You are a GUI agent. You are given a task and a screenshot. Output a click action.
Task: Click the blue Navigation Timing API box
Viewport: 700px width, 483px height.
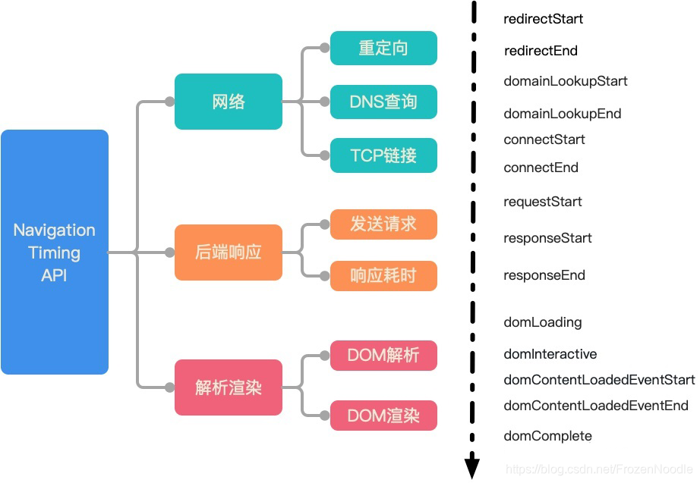[55, 252]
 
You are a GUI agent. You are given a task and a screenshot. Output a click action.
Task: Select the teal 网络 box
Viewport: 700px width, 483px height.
[229, 101]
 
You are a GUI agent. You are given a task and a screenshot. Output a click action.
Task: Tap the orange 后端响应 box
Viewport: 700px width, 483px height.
[229, 252]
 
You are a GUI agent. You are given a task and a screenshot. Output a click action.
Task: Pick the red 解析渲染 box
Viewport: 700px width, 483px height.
[229, 387]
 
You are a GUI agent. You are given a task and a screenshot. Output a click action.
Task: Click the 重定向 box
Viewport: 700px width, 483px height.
[383, 48]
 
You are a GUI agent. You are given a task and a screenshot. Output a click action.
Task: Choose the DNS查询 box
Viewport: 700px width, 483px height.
[383, 102]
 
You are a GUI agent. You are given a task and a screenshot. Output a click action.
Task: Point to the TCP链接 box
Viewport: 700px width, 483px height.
[383, 155]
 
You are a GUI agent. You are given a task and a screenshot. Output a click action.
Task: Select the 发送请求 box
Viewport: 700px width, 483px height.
[383, 224]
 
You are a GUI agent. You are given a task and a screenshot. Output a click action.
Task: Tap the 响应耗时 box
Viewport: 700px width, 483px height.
[383, 275]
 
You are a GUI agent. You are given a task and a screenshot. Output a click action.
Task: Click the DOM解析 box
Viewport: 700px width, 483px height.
[383, 355]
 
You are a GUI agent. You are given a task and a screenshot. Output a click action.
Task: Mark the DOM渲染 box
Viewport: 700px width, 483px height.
[383, 416]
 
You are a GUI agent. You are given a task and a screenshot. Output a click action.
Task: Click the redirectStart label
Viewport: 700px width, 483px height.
[544, 19]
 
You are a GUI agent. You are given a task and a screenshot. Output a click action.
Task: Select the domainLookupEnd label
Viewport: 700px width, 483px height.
[563, 114]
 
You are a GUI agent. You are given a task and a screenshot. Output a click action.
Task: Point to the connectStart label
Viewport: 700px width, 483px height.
[544, 140]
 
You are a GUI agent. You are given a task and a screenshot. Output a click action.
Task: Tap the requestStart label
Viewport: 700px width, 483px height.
[543, 202]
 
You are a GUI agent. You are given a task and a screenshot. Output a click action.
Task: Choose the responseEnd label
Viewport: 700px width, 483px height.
[544, 275]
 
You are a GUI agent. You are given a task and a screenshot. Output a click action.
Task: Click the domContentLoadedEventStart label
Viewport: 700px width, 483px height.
[599, 380]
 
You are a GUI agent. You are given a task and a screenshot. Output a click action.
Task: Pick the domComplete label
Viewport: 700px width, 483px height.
[547, 436]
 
